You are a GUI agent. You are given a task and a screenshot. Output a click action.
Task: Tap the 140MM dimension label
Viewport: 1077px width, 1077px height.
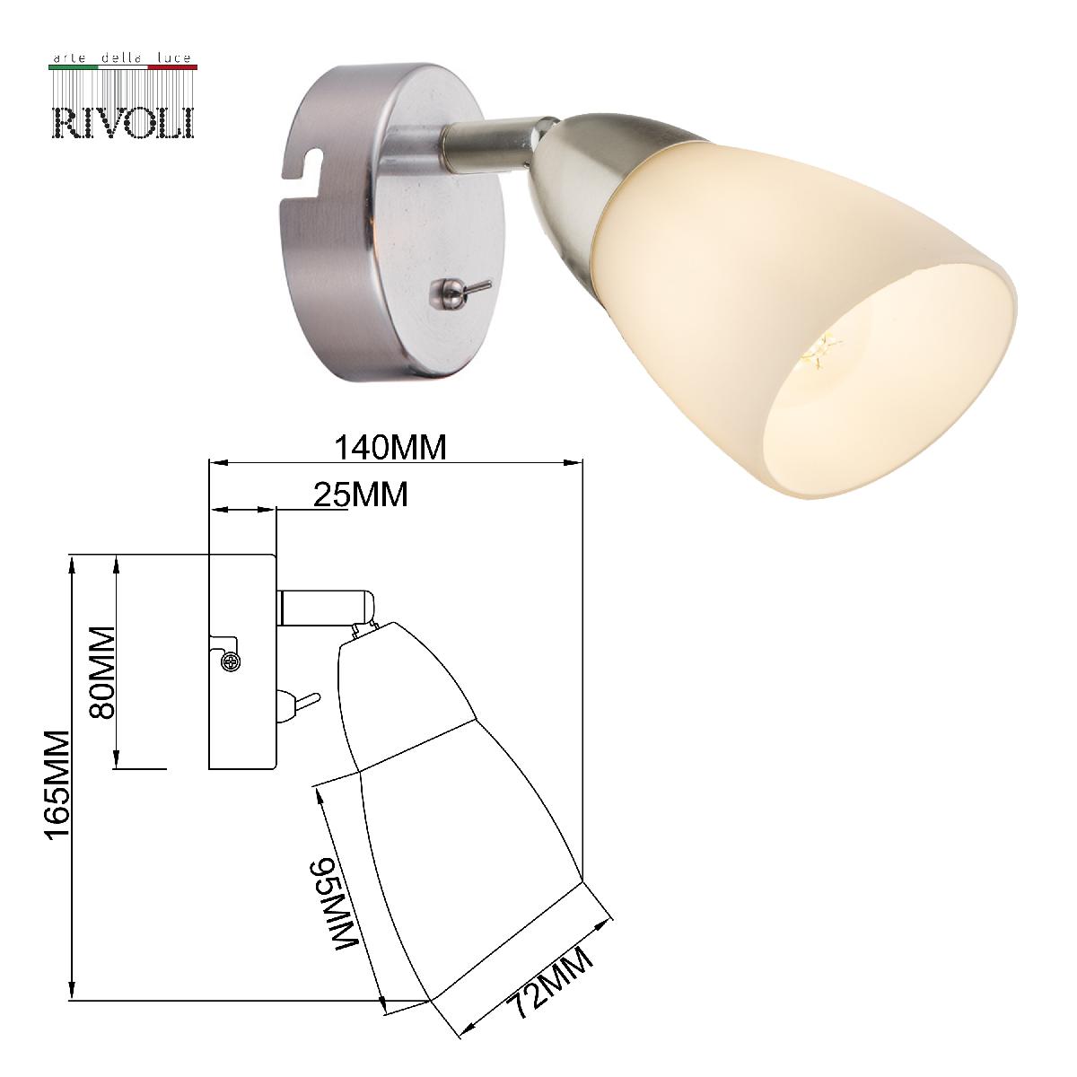click(390, 447)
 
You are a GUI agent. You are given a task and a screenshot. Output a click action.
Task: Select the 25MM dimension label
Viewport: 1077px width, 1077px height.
click(362, 494)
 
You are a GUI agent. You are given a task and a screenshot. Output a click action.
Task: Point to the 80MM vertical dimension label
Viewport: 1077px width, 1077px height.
click(103, 671)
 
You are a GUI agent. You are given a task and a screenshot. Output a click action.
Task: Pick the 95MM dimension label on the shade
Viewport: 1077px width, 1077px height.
click(336, 902)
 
